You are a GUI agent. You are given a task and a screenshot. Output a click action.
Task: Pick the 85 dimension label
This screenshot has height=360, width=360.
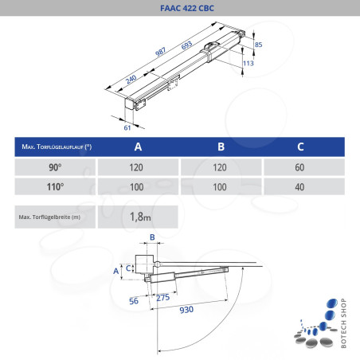coord(258,45)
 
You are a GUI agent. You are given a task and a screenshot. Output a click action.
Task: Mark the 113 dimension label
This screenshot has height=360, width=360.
coord(248,62)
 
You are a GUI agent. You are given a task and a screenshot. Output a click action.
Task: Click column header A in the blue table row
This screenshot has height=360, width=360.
coord(139,148)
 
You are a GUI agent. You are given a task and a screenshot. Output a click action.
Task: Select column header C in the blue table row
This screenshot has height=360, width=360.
coord(299,148)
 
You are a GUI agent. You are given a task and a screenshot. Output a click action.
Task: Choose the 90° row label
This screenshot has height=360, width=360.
coord(54,168)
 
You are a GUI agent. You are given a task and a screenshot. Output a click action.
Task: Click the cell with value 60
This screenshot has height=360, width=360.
coord(299,168)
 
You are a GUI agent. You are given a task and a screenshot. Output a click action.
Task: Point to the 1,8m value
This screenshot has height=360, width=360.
coord(139,216)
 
